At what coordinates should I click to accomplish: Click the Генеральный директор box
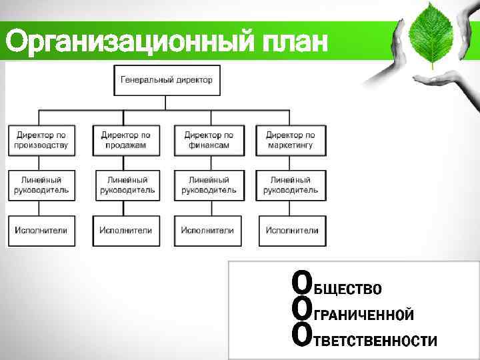point(167,80)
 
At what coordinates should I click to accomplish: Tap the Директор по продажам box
point(125,140)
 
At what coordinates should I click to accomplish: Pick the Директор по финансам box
point(209,140)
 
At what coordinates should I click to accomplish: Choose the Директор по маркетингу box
point(291,140)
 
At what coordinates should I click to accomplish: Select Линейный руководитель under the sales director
point(127,185)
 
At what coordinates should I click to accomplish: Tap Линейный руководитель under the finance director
point(209,185)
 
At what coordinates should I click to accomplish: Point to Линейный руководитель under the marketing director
point(291,185)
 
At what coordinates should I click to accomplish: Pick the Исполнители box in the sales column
point(125,231)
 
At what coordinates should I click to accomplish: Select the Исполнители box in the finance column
point(208,231)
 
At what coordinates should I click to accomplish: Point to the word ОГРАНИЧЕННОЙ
point(353,313)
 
